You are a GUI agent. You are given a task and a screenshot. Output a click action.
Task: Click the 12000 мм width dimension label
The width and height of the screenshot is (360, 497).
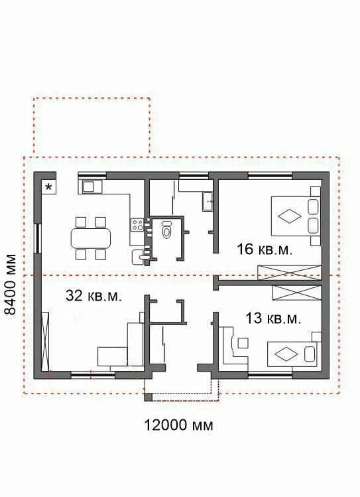(x=178, y=425)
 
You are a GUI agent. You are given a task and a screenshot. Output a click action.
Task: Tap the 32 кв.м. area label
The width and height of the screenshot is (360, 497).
(x=93, y=296)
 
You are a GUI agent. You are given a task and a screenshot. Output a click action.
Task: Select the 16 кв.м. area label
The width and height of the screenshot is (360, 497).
(x=265, y=249)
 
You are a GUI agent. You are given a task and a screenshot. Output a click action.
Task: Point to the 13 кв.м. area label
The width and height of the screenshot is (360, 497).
(x=273, y=319)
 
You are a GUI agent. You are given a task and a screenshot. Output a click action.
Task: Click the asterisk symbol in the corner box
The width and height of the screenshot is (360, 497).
(x=48, y=187)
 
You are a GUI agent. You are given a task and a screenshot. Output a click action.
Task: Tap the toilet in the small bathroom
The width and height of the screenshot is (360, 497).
(x=166, y=229)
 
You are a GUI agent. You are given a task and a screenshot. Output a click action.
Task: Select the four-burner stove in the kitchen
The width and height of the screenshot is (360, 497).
(x=138, y=225)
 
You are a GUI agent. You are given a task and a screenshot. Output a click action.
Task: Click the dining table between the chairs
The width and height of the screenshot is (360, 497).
(x=91, y=238)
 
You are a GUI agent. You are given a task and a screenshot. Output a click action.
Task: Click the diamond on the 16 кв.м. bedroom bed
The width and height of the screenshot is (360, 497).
(x=290, y=216)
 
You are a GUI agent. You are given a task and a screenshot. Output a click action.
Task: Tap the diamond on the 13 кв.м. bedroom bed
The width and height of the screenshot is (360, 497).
(x=286, y=354)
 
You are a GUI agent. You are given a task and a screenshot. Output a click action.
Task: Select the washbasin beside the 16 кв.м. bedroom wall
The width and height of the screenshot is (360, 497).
(x=208, y=202)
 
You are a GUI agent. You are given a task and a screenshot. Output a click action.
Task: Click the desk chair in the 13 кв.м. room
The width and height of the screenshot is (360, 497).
(x=243, y=343)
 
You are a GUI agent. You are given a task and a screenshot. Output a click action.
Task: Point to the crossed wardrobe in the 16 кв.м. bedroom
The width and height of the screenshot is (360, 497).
(x=290, y=273)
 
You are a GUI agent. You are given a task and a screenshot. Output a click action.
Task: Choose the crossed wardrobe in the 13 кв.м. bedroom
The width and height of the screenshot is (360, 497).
(x=297, y=293)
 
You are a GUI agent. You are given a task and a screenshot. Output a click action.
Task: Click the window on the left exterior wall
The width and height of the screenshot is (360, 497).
(x=38, y=238)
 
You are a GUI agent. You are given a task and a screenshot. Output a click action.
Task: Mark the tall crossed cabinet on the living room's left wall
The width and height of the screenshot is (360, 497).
(x=46, y=341)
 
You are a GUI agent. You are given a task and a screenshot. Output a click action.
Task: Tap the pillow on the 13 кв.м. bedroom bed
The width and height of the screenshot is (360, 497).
(x=310, y=354)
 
